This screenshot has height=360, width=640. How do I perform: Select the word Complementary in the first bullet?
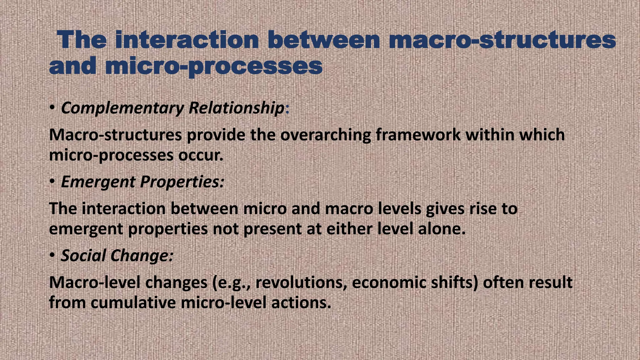(122, 108)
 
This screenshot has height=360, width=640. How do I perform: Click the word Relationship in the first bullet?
(236, 108)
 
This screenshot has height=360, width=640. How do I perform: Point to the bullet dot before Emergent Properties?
(52, 181)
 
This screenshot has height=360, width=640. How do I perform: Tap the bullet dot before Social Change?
(52, 255)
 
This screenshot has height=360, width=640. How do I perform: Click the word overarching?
(325, 135)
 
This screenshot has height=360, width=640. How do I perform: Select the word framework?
(418, 135)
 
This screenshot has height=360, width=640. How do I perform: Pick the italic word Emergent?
(98, 182)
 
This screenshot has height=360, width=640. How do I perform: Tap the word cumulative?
(133, 302)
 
